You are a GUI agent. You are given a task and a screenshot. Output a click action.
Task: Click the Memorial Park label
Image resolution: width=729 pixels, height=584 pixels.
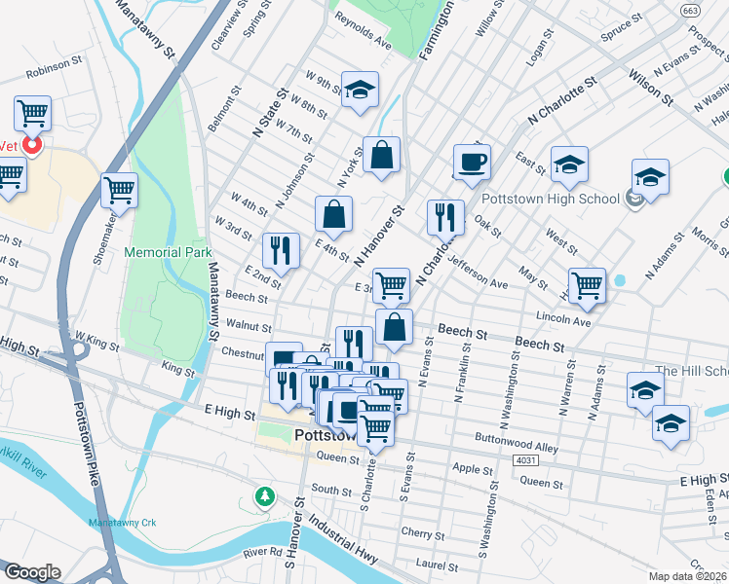click(168, 252)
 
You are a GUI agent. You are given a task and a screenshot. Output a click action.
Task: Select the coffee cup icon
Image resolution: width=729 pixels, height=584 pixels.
click(472, 162)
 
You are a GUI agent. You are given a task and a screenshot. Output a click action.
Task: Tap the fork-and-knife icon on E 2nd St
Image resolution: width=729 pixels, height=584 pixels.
click(281, 250)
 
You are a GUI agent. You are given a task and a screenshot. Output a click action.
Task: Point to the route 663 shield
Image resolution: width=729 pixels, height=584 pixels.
click(690, 10)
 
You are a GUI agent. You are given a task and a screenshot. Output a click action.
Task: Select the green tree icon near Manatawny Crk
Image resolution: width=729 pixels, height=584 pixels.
click(263, 497)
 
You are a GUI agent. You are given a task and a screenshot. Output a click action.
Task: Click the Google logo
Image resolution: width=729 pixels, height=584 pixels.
click(32, 572)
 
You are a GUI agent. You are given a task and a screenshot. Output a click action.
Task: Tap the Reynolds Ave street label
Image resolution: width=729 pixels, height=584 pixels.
click(363, 46)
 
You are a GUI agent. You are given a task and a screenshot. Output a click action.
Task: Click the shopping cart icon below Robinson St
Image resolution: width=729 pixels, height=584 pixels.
click(32, 114)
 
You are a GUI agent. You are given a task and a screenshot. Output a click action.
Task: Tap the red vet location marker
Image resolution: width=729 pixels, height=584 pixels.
click(31, 146)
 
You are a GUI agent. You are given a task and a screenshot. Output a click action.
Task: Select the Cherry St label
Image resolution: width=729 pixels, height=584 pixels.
click(423, 533)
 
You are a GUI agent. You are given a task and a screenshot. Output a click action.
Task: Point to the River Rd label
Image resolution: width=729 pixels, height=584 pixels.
click(262, 552)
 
